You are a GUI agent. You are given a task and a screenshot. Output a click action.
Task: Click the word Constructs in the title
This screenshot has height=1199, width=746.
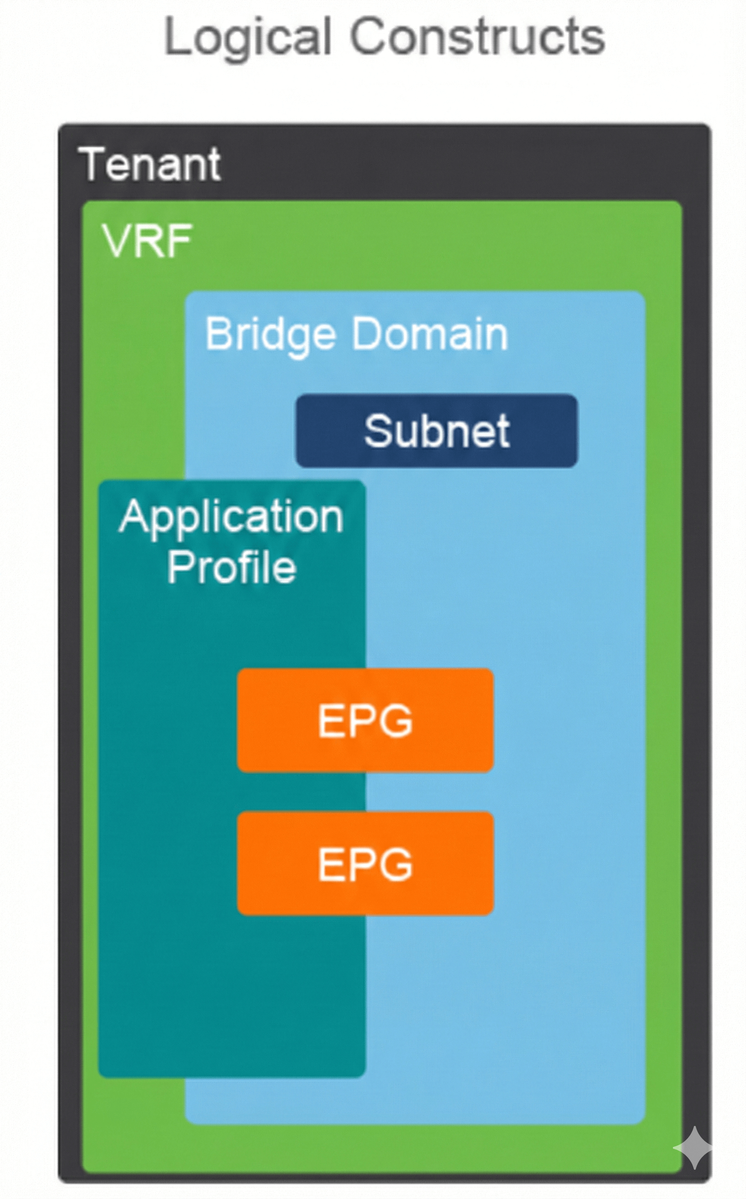[x=478, y=37]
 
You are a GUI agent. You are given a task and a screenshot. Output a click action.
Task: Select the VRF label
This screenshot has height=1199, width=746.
[x=147, y=241]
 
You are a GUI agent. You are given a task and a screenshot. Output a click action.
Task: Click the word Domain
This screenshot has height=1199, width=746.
[x=429, y=334]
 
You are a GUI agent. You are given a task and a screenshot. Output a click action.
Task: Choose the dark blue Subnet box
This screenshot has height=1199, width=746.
[x=437, y=430]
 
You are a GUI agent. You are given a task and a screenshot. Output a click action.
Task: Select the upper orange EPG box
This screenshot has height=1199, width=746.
[x=365, y=720]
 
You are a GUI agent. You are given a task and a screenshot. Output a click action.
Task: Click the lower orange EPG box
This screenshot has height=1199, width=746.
[x=365, y=863]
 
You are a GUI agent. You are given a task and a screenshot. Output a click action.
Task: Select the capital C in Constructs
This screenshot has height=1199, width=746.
[x=369, y=37]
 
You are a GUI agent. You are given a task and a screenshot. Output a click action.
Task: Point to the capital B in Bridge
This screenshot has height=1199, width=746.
[x=217, y=334]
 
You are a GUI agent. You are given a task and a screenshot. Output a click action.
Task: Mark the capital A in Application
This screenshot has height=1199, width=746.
[x=135, y=516]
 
